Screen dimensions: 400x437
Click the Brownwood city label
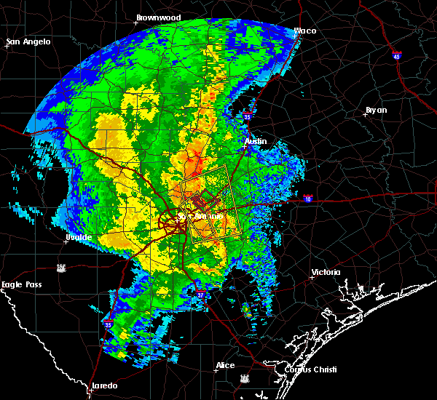158,16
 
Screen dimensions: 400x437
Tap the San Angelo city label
29,41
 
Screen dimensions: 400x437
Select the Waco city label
304,31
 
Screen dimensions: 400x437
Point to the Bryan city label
377,110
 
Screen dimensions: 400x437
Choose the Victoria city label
326,272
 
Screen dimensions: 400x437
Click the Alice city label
225,365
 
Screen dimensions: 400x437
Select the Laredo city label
103,385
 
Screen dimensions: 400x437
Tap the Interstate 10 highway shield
308,199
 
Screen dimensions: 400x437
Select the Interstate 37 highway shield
202,292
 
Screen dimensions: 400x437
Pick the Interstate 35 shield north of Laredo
108,324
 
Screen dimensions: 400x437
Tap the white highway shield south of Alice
245,379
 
